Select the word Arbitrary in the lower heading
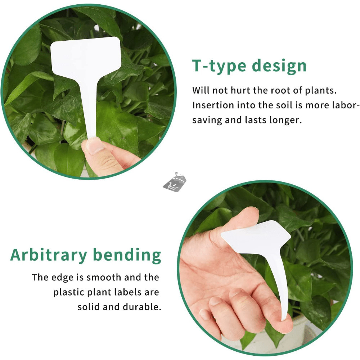(x=49, y=255)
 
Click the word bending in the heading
(x=127, y=255)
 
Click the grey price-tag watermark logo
(x=175, y=182)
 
